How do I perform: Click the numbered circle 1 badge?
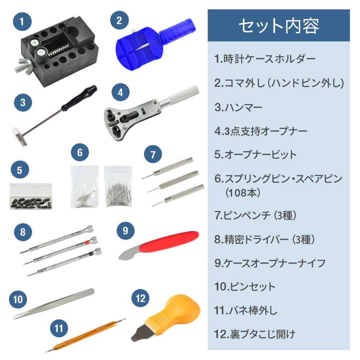pos(22,22)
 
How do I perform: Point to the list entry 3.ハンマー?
pos(238,107)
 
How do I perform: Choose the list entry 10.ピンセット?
pos(245,287)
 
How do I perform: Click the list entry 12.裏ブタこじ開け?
pos(255,334)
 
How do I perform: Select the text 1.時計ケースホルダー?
pos(265,59)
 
